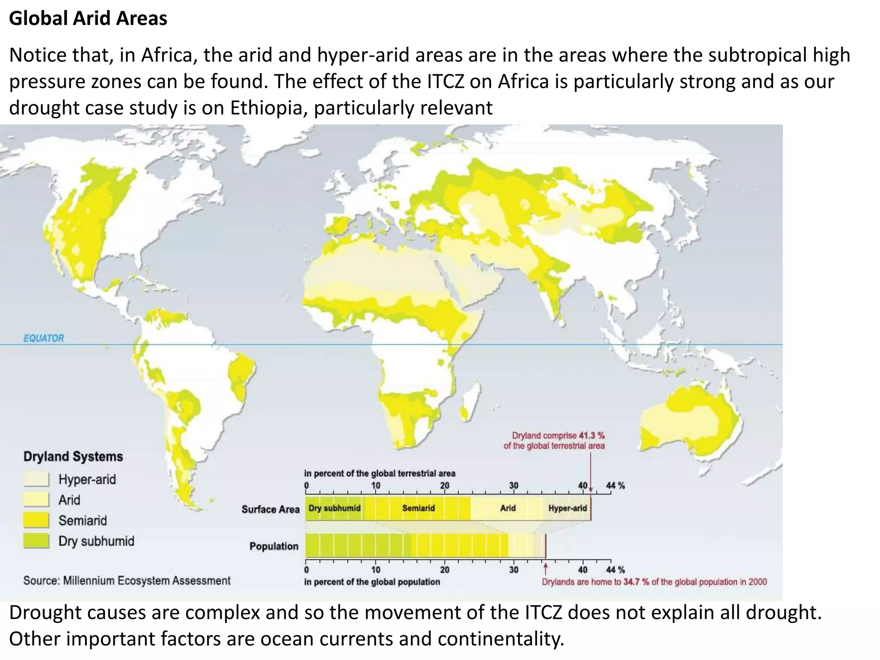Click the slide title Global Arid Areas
(x=88, y=18)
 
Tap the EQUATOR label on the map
(x=43, y=338)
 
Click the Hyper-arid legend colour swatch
(x=37, y=479)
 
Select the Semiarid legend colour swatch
(x=37, y=520)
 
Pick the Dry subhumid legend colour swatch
(x=37, y=541)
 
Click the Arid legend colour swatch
(x=37, y=500)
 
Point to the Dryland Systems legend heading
(x=73, y=456)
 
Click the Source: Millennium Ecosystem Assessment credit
(x=127, y=581)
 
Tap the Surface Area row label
(x=270, y=509)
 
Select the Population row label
(x=274, y=546)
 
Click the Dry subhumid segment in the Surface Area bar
(x=334, y=508)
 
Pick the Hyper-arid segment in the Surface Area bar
(x=567, y=508)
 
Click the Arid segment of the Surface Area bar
(x=507, y=508)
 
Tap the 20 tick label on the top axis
(x=444, y=486)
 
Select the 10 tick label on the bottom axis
(x=376, y=570)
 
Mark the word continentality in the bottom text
(x=501, y=639)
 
